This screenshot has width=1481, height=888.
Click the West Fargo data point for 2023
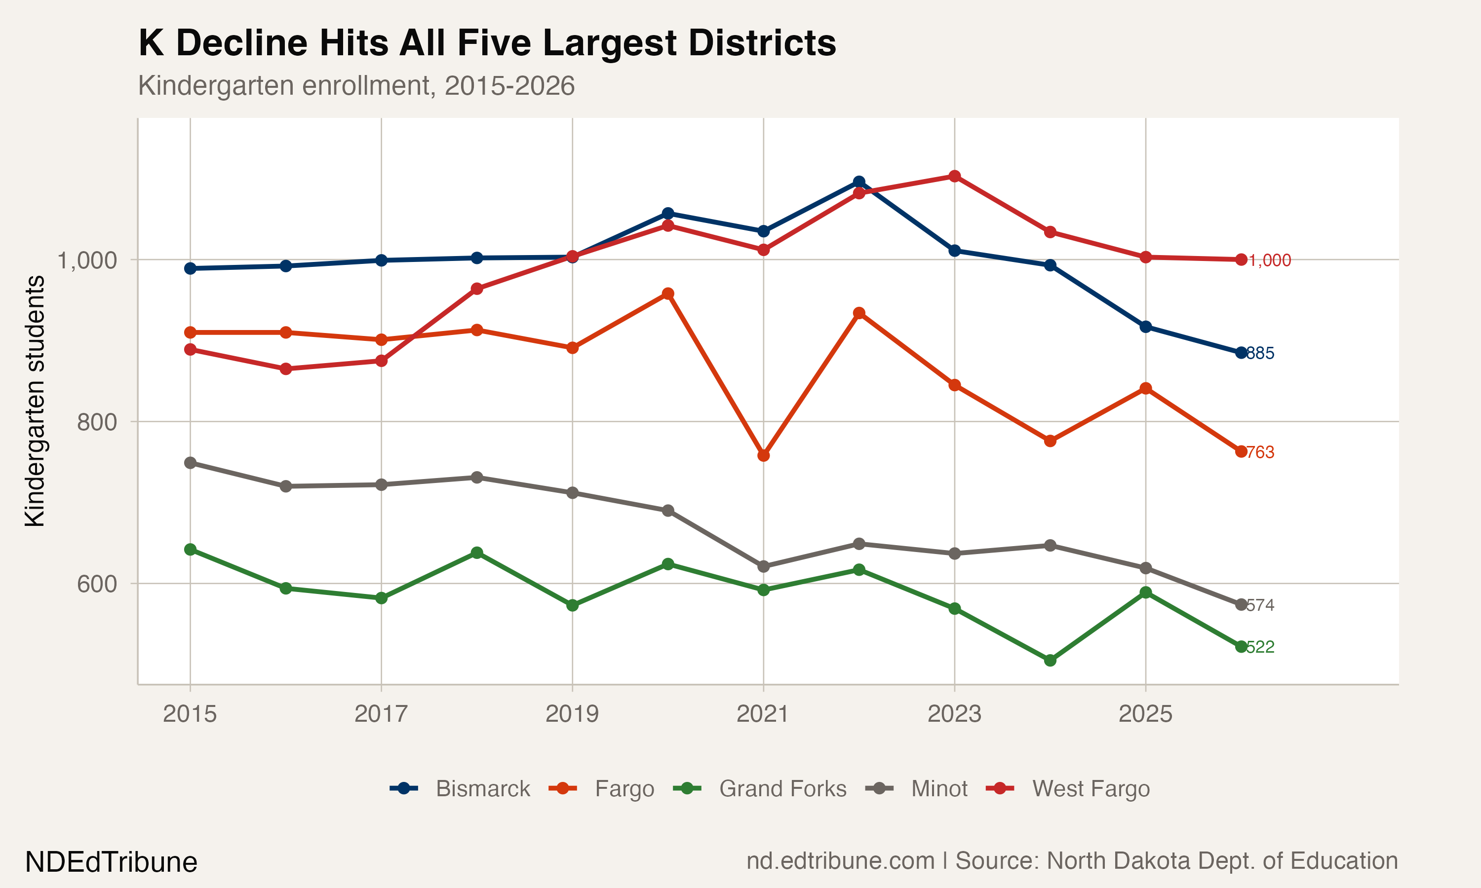[x=955, y=176]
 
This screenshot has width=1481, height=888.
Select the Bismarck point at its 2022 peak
[x=859, y=182]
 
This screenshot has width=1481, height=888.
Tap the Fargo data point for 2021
[x=763, y=455]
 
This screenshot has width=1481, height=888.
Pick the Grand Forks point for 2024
[x=1050, y=661]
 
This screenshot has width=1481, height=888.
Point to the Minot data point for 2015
[x=191, y=463]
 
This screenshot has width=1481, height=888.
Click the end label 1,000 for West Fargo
[x=1269, y=260]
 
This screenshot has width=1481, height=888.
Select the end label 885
[x=1260, y=353]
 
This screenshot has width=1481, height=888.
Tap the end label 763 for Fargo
[x=1260, y=452]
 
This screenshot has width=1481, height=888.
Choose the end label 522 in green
[x=1260, y=647]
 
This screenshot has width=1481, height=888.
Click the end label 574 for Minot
[x=1260, y=605]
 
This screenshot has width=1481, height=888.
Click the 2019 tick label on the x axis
[x=572, y=714]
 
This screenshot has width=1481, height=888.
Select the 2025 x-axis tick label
[x=1145, y=714]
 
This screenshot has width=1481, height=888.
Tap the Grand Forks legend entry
[x=782, y=789]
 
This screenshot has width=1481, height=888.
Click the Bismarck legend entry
[x=482, y=789]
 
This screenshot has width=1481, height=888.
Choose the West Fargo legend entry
[x=1090, y=789]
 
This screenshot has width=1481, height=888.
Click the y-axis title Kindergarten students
[x=35, y=401]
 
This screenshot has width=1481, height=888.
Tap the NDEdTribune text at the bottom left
[x=111, y=862]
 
